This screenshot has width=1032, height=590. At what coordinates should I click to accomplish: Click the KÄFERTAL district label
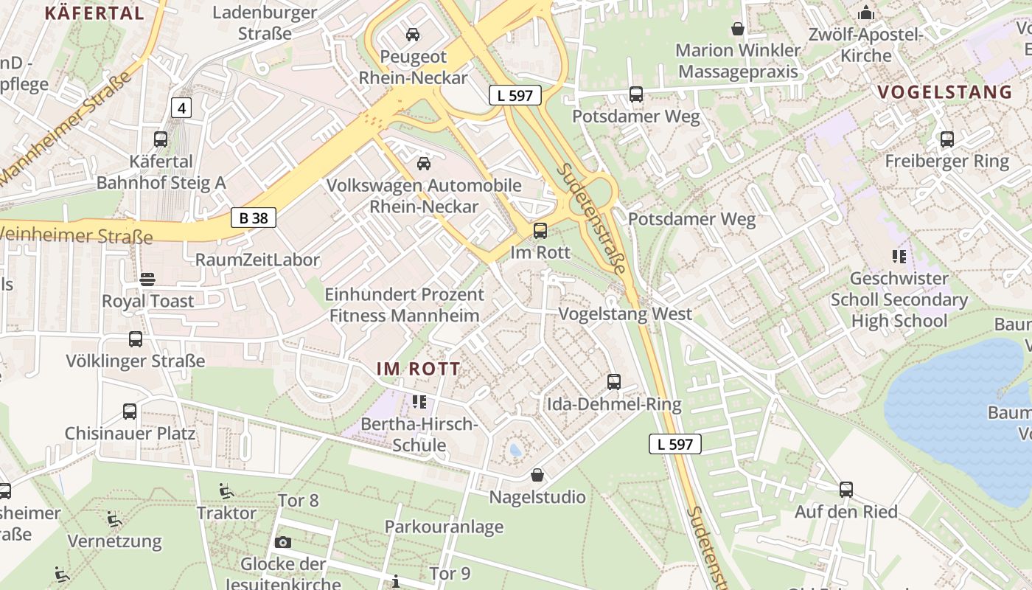[94, 13]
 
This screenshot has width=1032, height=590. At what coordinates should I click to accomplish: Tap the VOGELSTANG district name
[945, 92]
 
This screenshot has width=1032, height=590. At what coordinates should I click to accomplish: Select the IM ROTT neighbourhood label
[419, 369]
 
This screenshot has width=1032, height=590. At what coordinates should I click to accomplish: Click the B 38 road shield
[253, 218]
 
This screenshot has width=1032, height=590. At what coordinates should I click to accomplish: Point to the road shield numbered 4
[181, 108]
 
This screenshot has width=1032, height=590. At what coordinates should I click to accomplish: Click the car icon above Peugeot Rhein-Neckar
[413, 34]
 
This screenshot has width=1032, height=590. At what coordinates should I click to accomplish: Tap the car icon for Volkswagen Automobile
[424, 163]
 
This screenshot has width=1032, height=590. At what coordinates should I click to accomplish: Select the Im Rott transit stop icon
[540, 231]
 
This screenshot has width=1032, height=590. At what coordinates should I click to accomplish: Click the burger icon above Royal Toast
[147, 279]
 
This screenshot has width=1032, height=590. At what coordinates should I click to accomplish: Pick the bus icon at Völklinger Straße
[136, 339]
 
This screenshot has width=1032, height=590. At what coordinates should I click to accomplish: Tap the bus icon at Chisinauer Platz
[130, 411]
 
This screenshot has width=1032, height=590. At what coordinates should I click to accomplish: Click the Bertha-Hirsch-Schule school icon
[419, 402]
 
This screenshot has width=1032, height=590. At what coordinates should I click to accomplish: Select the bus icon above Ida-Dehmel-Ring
[614, 382]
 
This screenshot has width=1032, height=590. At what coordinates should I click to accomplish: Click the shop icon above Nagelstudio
[537, 475]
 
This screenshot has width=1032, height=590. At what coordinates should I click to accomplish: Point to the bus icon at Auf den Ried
[846, 490]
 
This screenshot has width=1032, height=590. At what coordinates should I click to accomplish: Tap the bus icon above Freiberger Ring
[947, 139]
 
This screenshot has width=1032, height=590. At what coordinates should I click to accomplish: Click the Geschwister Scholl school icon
[899, 257]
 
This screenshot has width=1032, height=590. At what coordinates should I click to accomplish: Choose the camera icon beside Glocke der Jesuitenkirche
[282, 543]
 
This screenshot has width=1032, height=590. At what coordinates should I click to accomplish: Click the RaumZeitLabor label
[257, 260]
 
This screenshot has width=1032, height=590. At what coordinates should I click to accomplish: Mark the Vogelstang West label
[625, 314]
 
